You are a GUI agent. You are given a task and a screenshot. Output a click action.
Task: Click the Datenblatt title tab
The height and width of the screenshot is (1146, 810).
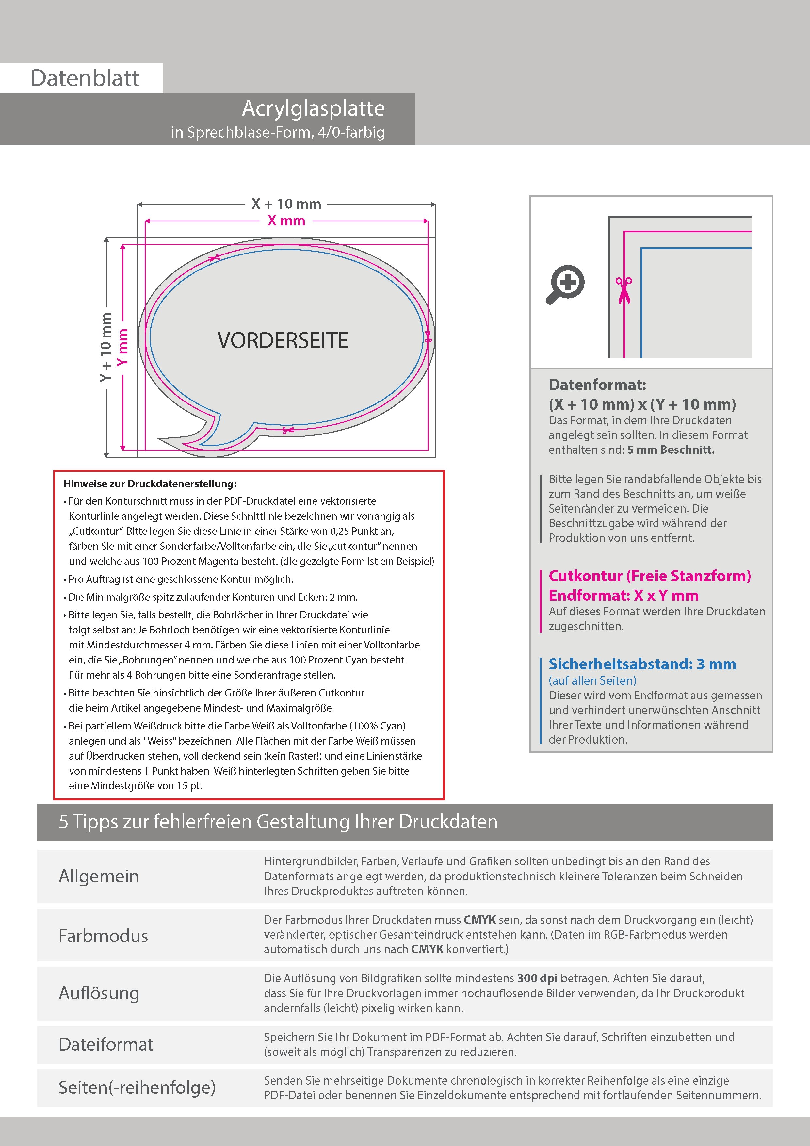pos(85,78)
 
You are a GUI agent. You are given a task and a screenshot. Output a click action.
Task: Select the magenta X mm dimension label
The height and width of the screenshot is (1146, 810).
pos(286,220)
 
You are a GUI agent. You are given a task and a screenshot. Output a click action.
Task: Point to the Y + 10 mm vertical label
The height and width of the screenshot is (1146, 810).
pos(105,347)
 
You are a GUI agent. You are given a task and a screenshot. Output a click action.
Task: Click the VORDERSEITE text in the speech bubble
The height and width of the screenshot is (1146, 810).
pos(283,340)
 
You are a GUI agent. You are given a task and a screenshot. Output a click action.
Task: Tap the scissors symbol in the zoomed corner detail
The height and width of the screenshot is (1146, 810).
pos(624,289)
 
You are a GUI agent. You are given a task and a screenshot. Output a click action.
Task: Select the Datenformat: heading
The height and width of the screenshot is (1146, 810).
pos(597,385)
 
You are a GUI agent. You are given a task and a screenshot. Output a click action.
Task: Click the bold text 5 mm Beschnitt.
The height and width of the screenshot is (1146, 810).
pos(671,450)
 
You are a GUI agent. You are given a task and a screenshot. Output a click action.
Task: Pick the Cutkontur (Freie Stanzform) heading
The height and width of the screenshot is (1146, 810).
pos(649,576)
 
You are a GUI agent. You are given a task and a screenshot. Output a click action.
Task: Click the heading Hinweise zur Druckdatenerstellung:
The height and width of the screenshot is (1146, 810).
pos(150,484)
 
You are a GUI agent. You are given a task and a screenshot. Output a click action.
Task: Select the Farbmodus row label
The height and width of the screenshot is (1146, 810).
pos(103,936)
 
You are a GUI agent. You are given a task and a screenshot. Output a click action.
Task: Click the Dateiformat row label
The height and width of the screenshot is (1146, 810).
pos(106,1044)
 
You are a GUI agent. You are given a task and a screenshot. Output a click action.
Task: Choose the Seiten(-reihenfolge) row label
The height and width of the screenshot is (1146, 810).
pos(137,1088)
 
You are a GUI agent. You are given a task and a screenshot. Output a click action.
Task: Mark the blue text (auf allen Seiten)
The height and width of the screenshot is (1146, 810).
pos(592,680)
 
